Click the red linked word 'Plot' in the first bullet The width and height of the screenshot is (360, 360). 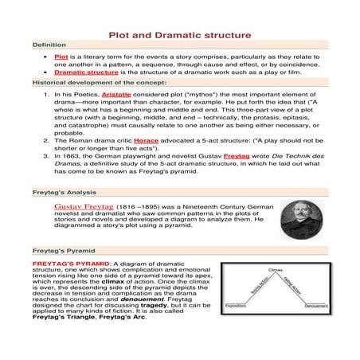(61, 57)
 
